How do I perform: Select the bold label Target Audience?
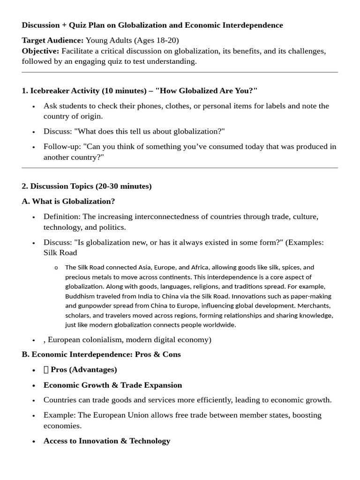pyautogui.click(x=52, y=40)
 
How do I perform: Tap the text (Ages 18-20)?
pyautogui.click(x=156, y=40)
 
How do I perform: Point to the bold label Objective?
pyautogui.click(x=40, y=51)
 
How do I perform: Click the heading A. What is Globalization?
pyautogui.click(x=68, y=202)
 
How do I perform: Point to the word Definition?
pyautogui.click(x=62, y=217)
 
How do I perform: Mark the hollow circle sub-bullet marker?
pyautogui.click(x=56, y=268)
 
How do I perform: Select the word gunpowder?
pyautogui.click(x=92, y=306)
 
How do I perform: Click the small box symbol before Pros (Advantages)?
pyautogui.click(x=46, y=370)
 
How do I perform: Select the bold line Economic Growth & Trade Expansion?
pyautogui.click(x=112, y=385)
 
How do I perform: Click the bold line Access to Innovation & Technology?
pyautogui.click(x=107, y=441)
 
